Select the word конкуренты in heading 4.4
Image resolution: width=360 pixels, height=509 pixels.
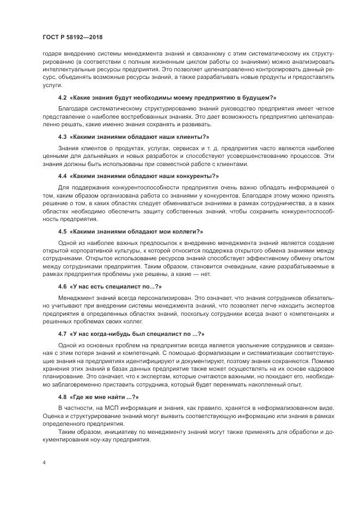[196, 176]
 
